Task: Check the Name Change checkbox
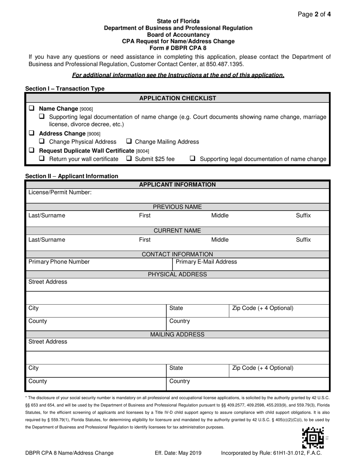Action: click(31, 108)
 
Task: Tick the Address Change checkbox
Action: click(31, 133)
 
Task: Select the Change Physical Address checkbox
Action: click(42, 142)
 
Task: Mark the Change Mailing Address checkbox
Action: click(129, 142)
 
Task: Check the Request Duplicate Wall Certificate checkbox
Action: click(31, 150)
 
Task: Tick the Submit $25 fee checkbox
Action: click(129, 159)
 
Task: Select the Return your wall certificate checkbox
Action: click(42, 159)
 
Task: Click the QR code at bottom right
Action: click(313, 438)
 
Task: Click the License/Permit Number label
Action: click(60, 192)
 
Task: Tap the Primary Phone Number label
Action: click(59, 262)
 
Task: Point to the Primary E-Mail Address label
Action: click(206, 262)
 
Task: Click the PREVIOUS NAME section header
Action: click(177, 207)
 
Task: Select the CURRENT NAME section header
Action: click(177, 231)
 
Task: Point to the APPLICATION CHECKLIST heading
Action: click(178, 98)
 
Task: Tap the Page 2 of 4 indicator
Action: click(314, 15)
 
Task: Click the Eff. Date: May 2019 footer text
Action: click(178, 453)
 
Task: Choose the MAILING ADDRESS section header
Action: click(177, 335)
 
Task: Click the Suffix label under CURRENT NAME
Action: click(303, 240)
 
